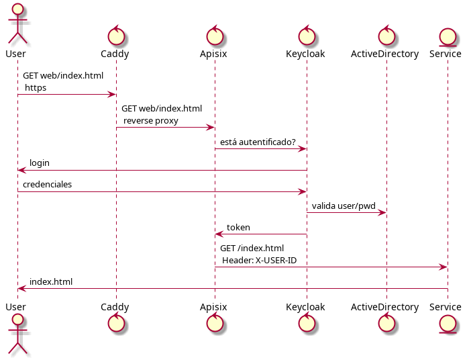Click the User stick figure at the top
click(17, 24)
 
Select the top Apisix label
click(213, 54)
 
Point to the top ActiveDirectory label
click(385, 54)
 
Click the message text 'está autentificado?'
click(258, 142)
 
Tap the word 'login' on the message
click(39, 163)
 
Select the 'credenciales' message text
click(47, 185)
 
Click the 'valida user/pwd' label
click(344, 206)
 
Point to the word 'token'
click(238, 228)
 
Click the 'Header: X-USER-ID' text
click(259, 261)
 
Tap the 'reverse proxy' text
click(151, 121)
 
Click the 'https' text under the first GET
click(36, 88)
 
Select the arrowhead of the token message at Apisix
click(218, 234)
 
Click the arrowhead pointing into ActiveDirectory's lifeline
click(382, 213)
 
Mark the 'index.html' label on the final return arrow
click(50, 282)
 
